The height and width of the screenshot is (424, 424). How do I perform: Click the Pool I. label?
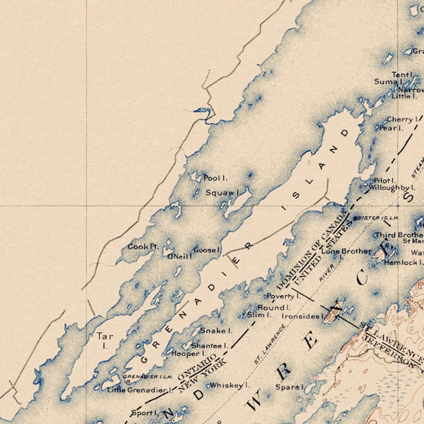[215, 178]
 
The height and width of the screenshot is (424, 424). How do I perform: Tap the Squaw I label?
[222, 192]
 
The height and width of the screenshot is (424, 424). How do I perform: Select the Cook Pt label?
[143, 246]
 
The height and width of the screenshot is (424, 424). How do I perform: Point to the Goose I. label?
[207, 250]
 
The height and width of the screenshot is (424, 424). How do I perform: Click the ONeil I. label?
[180, 256]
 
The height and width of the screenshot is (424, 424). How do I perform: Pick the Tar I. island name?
[105, 340]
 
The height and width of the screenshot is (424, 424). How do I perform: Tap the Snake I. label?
[216, 331]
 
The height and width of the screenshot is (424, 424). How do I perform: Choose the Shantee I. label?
[210, 346]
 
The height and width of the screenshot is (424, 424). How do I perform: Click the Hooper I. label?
[188, 354]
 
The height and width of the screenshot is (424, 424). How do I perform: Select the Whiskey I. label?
[230, 385]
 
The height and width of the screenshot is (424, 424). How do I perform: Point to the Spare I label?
[289, 387]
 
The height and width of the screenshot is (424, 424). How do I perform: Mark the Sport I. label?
[144, 413]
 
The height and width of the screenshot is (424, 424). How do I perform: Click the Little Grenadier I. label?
[139, 390]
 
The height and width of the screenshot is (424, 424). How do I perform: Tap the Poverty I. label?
[283, 296]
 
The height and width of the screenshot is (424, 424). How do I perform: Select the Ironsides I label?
[303, 316]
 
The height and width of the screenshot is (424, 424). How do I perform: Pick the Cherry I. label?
[402, 120]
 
